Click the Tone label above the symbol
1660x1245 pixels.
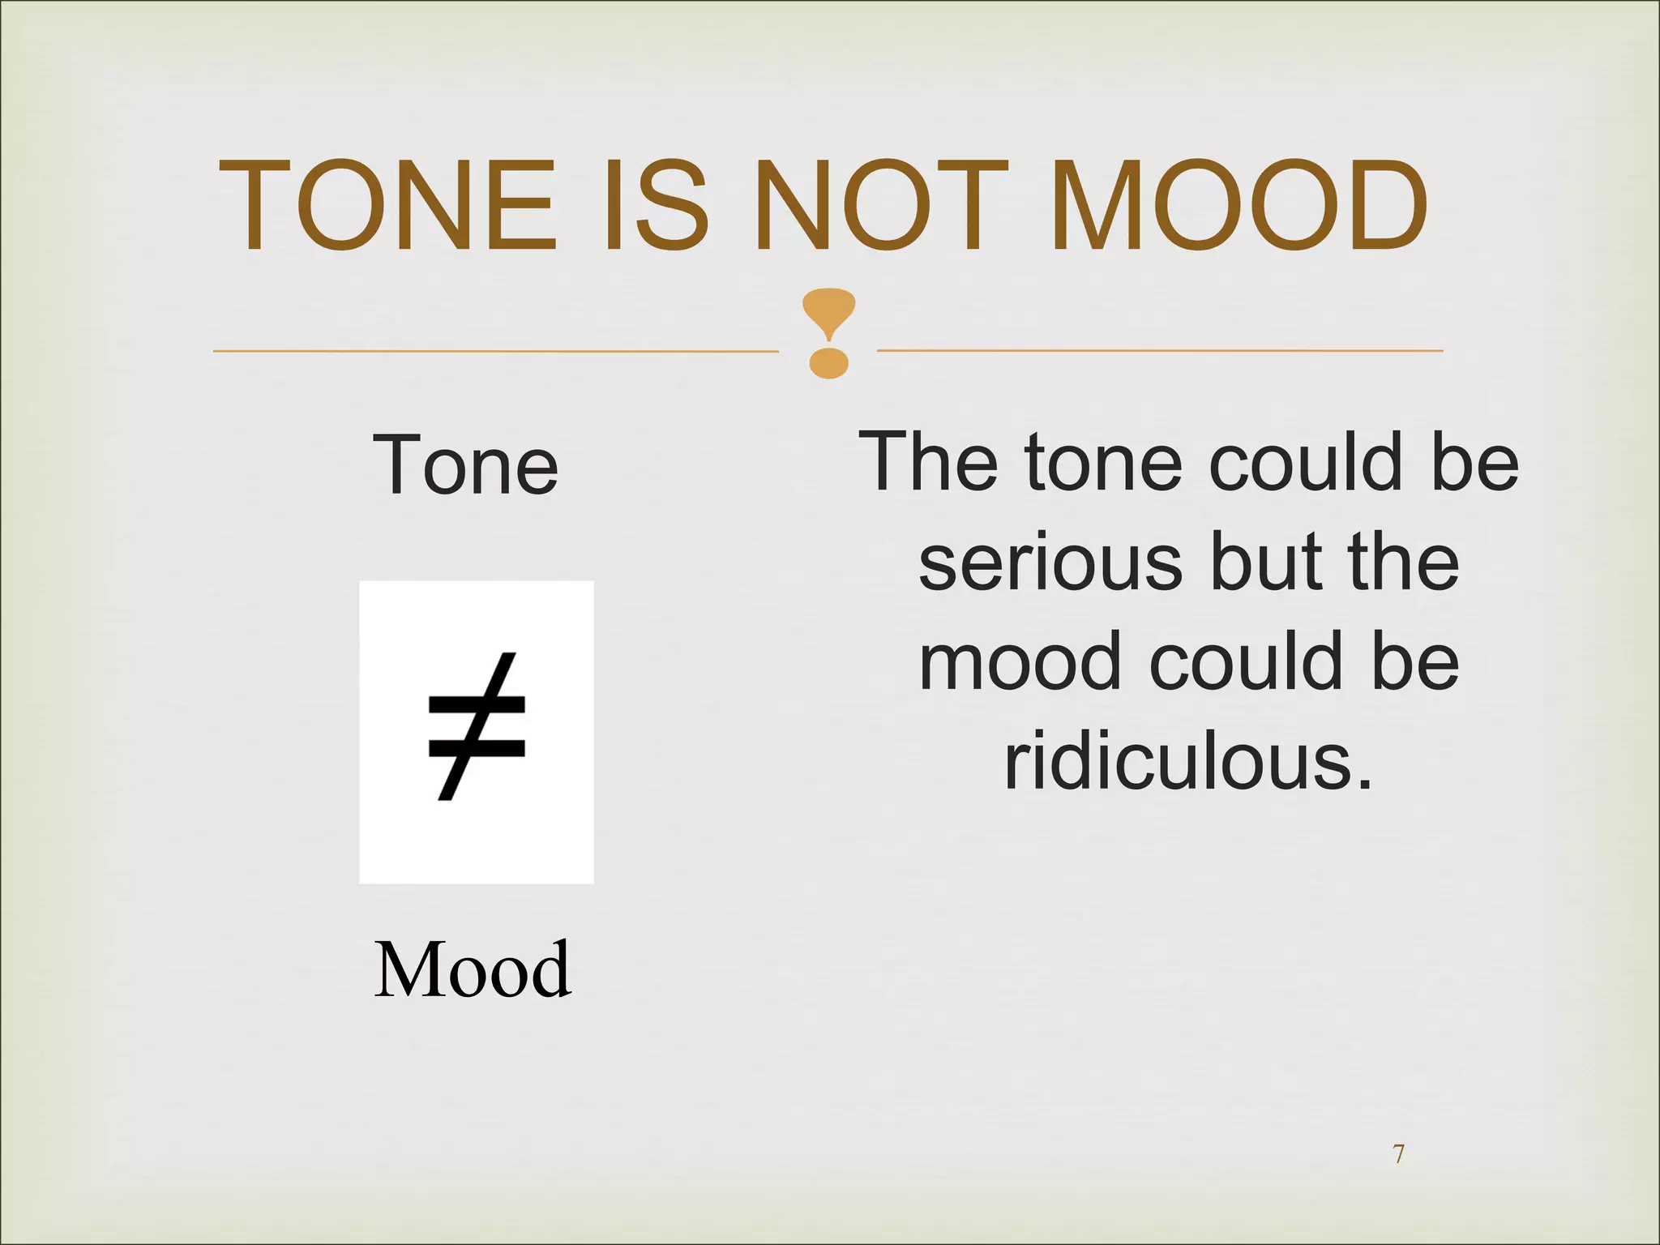[x=465, y=465]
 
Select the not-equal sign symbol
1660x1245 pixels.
[x=477, y=727]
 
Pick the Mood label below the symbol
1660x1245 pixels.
[x=473, y=969]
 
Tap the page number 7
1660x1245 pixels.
[x=1398, y=1153]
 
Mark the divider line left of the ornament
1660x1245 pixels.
[x=494, y=351]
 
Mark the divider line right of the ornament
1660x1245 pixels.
[x=1159, y=351]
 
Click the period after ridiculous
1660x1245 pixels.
[x=1365, y=782]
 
